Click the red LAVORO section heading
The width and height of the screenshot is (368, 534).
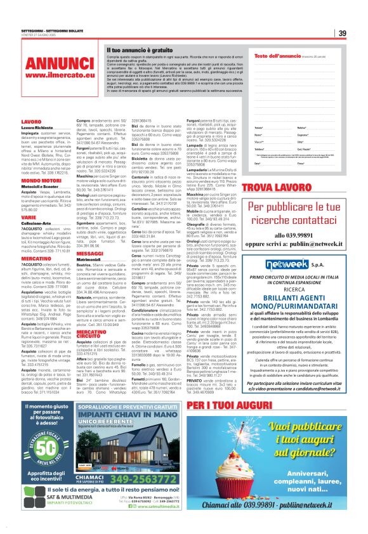[x=31, y=120]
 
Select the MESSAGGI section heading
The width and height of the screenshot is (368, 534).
[x=89, y=252]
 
